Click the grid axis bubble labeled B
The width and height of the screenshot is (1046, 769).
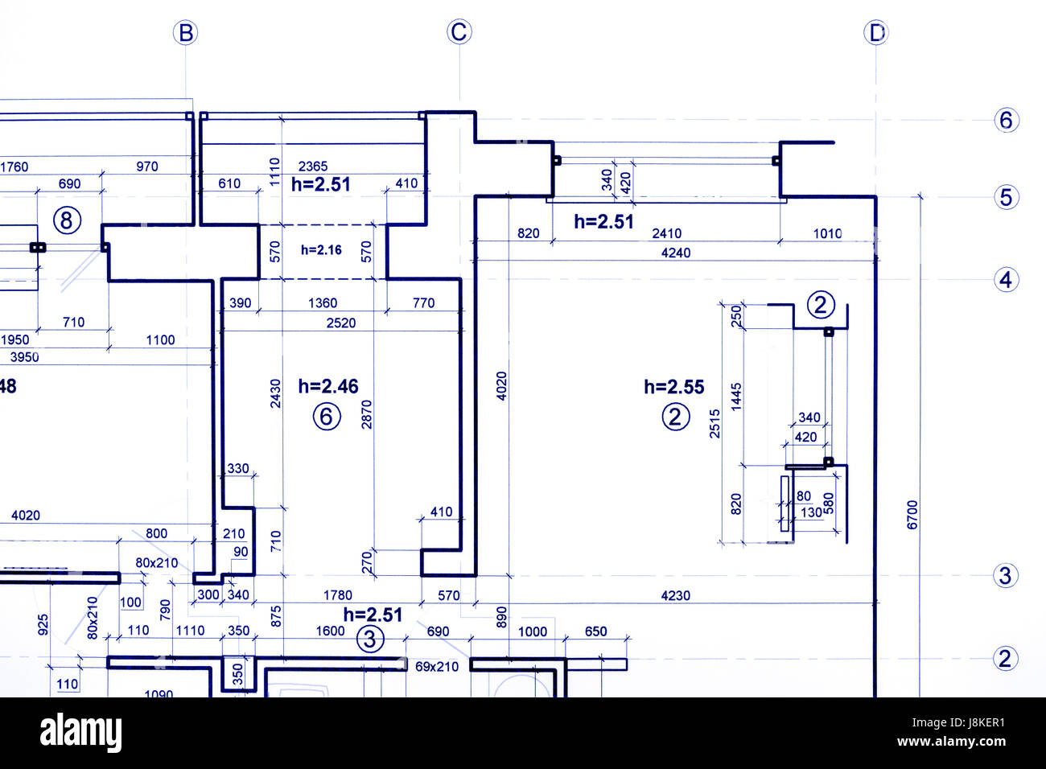(186, 33)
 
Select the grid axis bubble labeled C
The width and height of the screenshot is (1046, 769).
(459, 32)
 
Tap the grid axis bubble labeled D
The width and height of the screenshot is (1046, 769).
(875, 33)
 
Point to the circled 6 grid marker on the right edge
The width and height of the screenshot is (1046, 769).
(1006, 120)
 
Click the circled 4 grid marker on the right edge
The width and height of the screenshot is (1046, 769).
(1005, 280)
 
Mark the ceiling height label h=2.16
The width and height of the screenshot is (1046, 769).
(321, 250)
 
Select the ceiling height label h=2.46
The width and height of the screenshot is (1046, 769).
(328, 387)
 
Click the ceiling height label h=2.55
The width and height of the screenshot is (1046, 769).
(673, 387)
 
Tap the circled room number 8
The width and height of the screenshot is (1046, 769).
(67, 220)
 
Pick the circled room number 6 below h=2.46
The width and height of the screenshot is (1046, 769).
(326, 417)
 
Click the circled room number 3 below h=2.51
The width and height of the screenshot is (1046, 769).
(370, 639)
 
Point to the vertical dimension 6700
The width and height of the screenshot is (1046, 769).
(912, 515)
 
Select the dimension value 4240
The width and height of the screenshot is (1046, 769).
(675, 253)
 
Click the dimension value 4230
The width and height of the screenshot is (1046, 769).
(675, 596)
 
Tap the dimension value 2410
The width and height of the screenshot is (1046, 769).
(666, 233)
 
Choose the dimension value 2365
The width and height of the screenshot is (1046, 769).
(313, 167)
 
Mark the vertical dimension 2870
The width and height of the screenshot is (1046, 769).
(367, 414)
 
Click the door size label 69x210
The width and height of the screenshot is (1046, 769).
(437, 667)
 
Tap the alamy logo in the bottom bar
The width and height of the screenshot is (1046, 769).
(81, 733)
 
